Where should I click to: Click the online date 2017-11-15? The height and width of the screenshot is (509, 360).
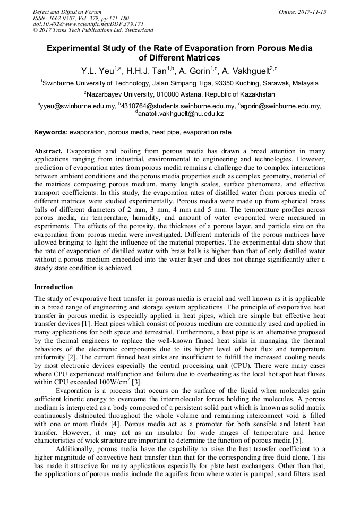(x=312, y=11)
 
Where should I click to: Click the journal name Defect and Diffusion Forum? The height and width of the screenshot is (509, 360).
(x=67, y=11)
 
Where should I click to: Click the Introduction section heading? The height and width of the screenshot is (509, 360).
(x=53, y=287)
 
